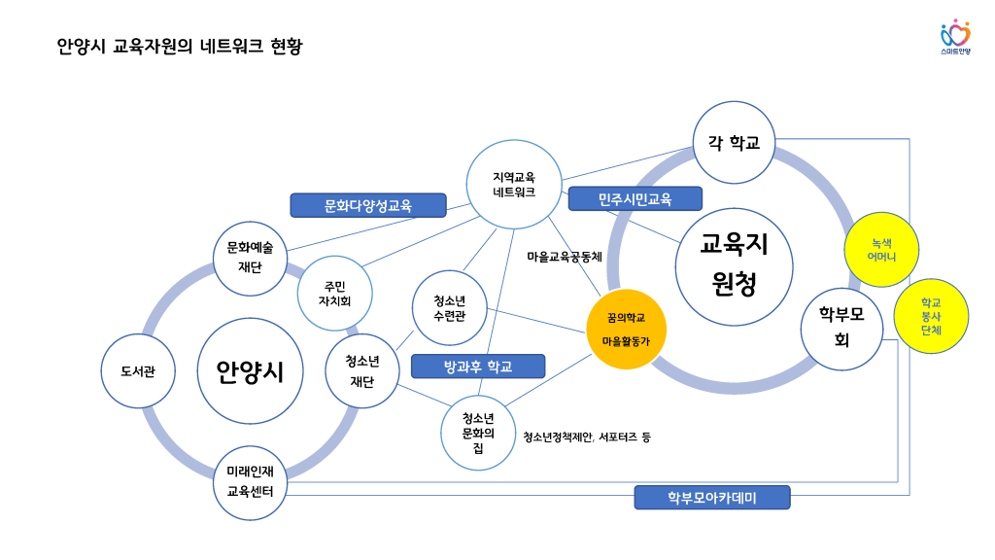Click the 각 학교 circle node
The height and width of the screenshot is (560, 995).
[734, 144]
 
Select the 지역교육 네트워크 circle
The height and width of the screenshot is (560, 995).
[514, 185]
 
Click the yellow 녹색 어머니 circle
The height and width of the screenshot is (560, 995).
[882, 250]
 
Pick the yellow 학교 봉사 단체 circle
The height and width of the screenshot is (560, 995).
[931, 316]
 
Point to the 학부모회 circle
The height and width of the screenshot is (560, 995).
[841, 329]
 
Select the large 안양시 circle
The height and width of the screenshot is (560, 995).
[250, 370]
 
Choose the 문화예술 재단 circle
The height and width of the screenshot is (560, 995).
[250, 258]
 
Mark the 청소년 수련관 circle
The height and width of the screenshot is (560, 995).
[449, 307]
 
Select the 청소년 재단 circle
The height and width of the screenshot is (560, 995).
[362, 370]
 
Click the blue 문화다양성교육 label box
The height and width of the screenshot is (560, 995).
[367, 205]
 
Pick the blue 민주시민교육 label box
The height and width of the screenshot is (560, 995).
[635, 199]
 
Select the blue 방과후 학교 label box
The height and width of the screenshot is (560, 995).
[478, 366]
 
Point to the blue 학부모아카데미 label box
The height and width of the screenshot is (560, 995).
[712, 498]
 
